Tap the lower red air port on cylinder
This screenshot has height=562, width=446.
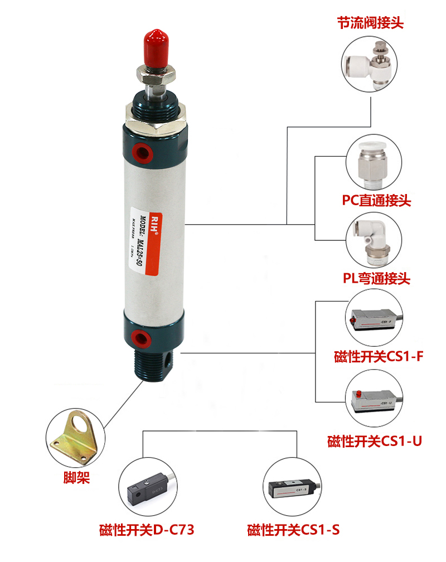[x=140, y=336]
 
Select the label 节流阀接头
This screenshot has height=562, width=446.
[x=370, y=23]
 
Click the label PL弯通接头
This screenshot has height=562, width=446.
[x=376, y=278]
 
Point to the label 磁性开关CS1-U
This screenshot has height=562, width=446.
[x=374, y=442]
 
